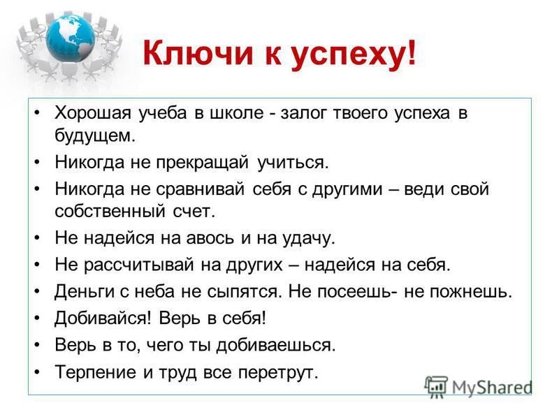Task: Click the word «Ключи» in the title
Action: point(198,53)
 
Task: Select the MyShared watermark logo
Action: point(479,387)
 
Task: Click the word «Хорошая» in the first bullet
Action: point(93,113)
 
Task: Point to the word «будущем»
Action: point(95,136)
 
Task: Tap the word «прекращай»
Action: point(202,163)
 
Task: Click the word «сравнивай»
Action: point(201,189)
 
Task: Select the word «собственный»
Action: point(110,212)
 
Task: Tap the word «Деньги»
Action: point(84,292)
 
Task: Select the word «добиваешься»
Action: point(276,345)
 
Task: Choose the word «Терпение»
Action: point(95,372)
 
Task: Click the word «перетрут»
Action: point(278,373)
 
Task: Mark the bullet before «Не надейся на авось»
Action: point(37,237)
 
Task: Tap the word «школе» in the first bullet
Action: point(238,113)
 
